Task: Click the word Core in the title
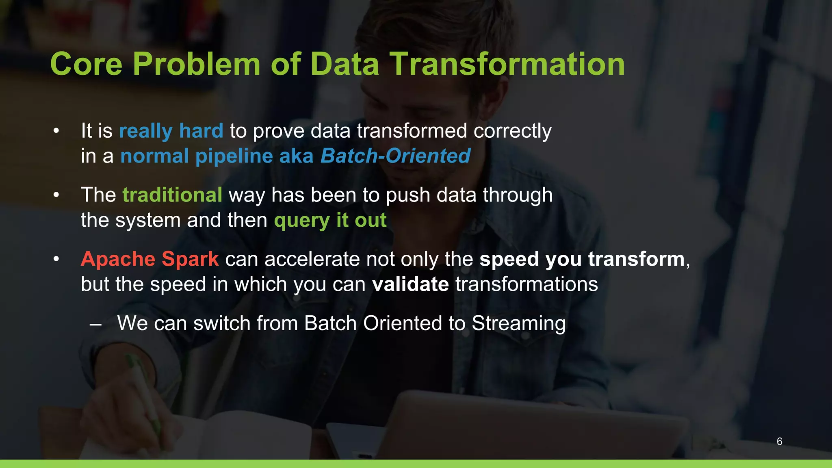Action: click(x=86, y=64)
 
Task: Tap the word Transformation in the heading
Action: click(x=507, y=64)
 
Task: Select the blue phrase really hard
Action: click(x=171, y=131)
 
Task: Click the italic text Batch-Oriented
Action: click(x=395, y=156)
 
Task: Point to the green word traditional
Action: click(x=172, y=195)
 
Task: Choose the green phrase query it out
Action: click(x=330, y=220)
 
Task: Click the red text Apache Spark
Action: click(x=150, y=259)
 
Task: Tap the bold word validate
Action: click(x=410, y=284)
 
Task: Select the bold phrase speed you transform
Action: click(x=582, y=259)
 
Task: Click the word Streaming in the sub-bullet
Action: click(x=518, y=323)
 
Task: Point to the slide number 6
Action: click(x=779, y=441)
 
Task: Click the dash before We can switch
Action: click(x=95, y=325)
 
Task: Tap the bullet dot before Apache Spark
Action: click(x=56, y=259)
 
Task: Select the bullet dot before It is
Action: click(x=56, y=131)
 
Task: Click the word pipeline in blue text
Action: click(x=234, y=156)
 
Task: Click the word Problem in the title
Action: click(x=196, y=64)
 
